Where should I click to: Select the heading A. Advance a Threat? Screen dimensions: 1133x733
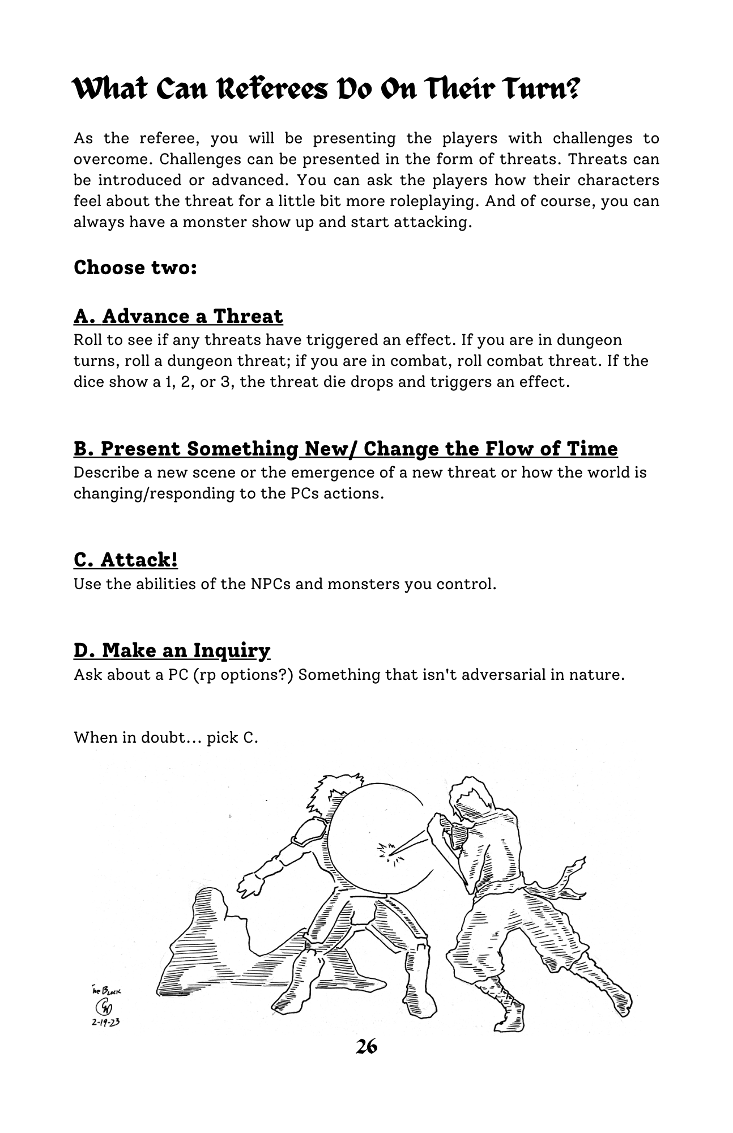(x=178, y=316)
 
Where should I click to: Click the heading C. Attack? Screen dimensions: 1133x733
(x=126, y=560)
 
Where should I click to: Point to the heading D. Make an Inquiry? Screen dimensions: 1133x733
(x=172, y=650)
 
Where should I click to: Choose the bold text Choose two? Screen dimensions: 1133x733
(x=135, y=267)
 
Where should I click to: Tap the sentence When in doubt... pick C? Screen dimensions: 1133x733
(x=165, y=738)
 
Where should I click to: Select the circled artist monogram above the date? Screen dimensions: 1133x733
(x=105, y=1007)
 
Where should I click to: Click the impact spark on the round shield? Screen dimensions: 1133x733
(x=389, y=850)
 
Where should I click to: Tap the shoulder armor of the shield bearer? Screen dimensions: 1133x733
(x=309, y=832)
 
